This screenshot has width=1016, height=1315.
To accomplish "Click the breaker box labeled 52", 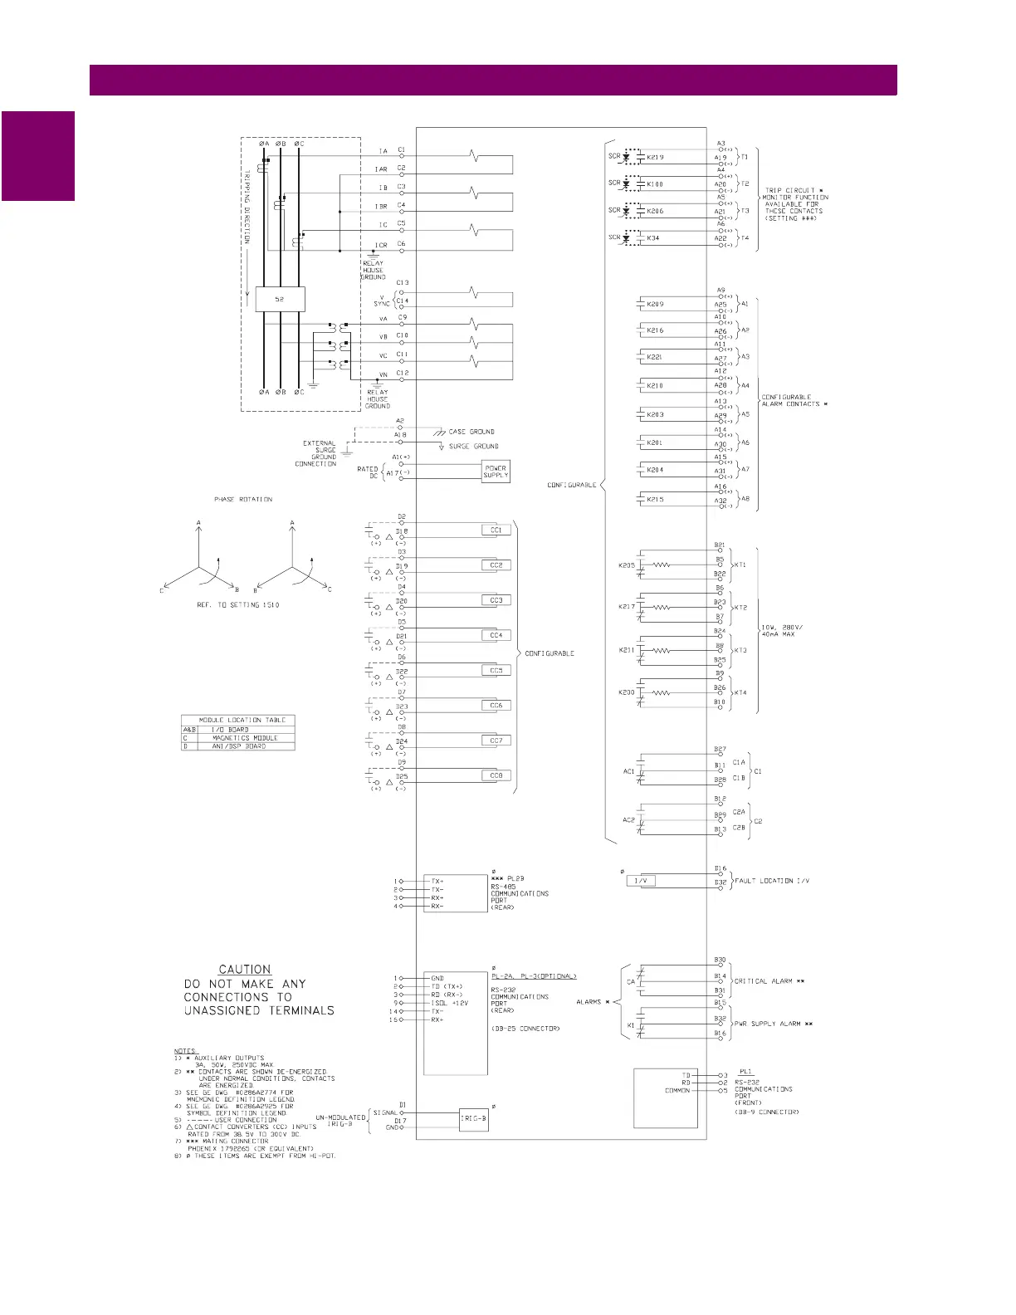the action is [280, 299].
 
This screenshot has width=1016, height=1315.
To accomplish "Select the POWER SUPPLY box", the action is [496, 472].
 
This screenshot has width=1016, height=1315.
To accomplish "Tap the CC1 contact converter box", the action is [496, 530].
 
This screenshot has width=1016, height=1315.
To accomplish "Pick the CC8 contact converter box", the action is [496, 775].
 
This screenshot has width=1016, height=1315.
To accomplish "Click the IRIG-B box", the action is [473, 1118].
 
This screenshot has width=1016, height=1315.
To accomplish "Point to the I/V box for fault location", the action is [640, 881].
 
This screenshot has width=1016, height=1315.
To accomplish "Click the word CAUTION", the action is [245, 969].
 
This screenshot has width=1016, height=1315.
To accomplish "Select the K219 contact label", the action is [655, 157].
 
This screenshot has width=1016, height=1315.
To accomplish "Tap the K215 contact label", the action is [655, 500].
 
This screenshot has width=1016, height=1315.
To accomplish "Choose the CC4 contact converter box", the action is [496, 635].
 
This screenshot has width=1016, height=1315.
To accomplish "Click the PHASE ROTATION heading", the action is [243, 500].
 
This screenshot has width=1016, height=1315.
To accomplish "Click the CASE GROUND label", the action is [471, 432].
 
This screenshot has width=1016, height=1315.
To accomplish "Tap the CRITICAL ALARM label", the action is [769, 981].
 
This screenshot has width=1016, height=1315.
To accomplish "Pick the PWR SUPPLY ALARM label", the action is [774, 1024].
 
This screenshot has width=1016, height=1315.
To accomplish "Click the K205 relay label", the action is [627, 565].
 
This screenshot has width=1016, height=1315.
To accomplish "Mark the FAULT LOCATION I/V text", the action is [772, 881].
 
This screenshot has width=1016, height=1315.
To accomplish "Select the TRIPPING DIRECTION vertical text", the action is [247, 208].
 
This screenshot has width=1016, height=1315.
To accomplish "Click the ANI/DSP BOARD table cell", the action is [239, 746].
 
